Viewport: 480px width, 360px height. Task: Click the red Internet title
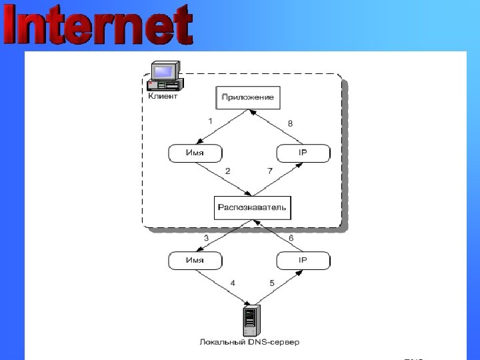coord(99,27)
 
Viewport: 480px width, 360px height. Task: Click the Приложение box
coord(247,97)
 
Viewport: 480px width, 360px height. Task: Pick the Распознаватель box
coord(252,207)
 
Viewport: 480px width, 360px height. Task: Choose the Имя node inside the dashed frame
coord(195,153)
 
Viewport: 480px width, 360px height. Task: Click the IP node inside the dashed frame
coord(302,153)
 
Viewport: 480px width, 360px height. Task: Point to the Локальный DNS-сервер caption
coord(250,343)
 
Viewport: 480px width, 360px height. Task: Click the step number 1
coord(210,121)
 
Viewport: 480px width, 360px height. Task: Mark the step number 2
coord(227,171)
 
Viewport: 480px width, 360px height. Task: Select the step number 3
coord(206,237)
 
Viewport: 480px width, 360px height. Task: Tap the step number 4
coord(233,283)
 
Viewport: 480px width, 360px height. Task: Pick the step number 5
coord(272,283)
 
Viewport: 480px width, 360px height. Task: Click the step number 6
coord(291,237)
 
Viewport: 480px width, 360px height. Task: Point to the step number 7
coord(270,171)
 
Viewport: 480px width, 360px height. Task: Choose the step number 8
coord(290,123)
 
